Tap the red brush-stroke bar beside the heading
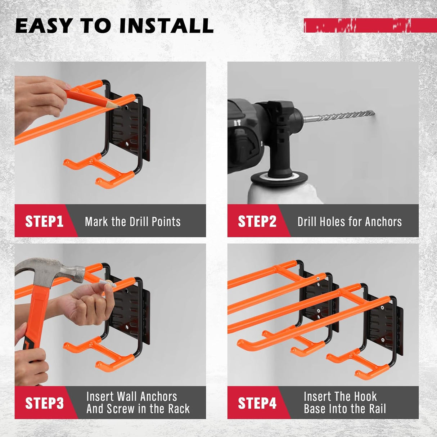(370, 26)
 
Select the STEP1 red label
(44, 221)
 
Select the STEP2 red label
(257, 221)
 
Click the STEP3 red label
(44, 403)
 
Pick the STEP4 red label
(257, 403)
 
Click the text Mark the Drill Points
(132, 221)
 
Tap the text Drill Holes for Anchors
(349, 221)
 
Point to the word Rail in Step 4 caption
(377, 409)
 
